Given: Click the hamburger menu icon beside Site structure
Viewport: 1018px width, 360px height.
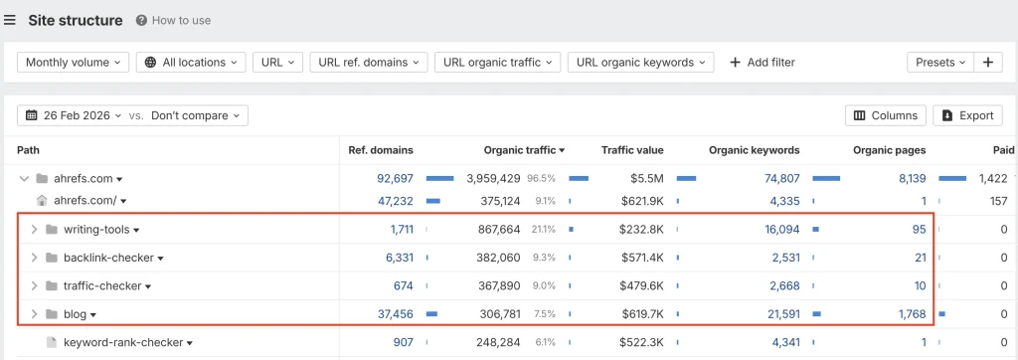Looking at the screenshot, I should pyautogui.click(x=10, y=20).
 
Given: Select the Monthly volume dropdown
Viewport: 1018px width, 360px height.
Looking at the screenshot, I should pyautogui.click(x=73, y=62).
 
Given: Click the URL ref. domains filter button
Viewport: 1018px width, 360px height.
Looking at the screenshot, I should pyautogui.click(x=368, y=62).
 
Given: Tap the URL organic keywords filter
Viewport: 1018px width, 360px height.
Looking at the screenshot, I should pyautogui.click(x=640, y=62).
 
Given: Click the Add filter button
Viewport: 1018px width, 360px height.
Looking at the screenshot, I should pyautogui.click(x=763, y=62).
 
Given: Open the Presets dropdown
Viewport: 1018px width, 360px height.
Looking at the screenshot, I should pyautogui.click(x=939, y=62).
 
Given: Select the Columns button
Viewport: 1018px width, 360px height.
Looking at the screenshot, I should pyautogui.click(x=885, y=115).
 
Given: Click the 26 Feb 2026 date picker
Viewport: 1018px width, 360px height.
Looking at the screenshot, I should pyautogui.click(x=80, y=115).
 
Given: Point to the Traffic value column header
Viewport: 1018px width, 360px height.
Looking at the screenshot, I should pyautogui.click(x=632, y=150).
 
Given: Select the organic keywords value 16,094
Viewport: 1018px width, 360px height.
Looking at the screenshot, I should pyautogui.click(x=775, y=230).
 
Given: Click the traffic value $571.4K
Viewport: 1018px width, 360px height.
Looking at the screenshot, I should pyautogui.click(x=638, y=258).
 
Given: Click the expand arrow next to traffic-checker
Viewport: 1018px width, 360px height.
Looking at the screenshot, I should pyautogui.click(x=33, y=286).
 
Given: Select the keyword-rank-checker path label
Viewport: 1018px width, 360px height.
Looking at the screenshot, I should pyautogui.click(x=123, y=343).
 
